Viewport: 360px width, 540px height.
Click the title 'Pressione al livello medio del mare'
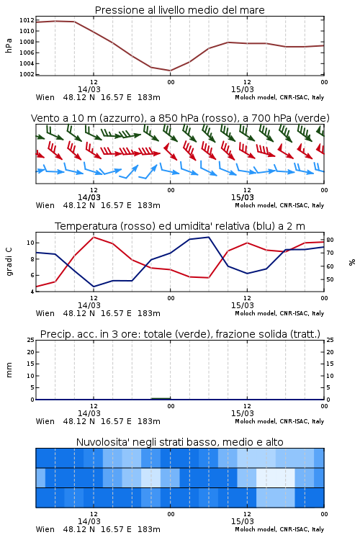coord(179,10)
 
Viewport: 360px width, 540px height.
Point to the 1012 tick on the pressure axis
coord(27,20)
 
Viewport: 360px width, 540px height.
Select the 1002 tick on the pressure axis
coord(27,74)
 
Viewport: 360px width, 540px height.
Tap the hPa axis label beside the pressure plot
coord(9,45)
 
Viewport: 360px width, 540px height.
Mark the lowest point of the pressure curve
coord(170,71)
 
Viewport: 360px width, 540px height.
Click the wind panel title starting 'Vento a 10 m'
coord(180,118)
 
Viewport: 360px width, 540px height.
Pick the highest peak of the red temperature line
coord(94,237)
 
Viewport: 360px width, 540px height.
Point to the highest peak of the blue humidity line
coord(208,237)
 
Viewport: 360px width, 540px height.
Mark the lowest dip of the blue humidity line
coord(94,287)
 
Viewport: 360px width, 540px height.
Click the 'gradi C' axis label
coord(9,261)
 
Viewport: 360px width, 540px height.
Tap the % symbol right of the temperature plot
coord(352,262)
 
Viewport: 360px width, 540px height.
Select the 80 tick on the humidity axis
coord(330,240)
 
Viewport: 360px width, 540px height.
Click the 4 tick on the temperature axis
coord(32,292)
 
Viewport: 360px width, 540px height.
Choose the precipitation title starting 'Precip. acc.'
coord(180,334)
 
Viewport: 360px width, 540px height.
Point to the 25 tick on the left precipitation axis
coord(31,340)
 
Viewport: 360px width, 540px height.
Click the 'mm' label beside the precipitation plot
coord(9,370)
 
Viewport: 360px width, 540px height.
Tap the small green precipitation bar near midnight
coord(161,398)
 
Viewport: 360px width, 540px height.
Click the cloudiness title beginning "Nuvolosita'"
coord(179,442)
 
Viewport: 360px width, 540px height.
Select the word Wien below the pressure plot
coord(45,97)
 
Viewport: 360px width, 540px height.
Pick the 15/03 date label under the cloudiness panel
coord(242,521)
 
